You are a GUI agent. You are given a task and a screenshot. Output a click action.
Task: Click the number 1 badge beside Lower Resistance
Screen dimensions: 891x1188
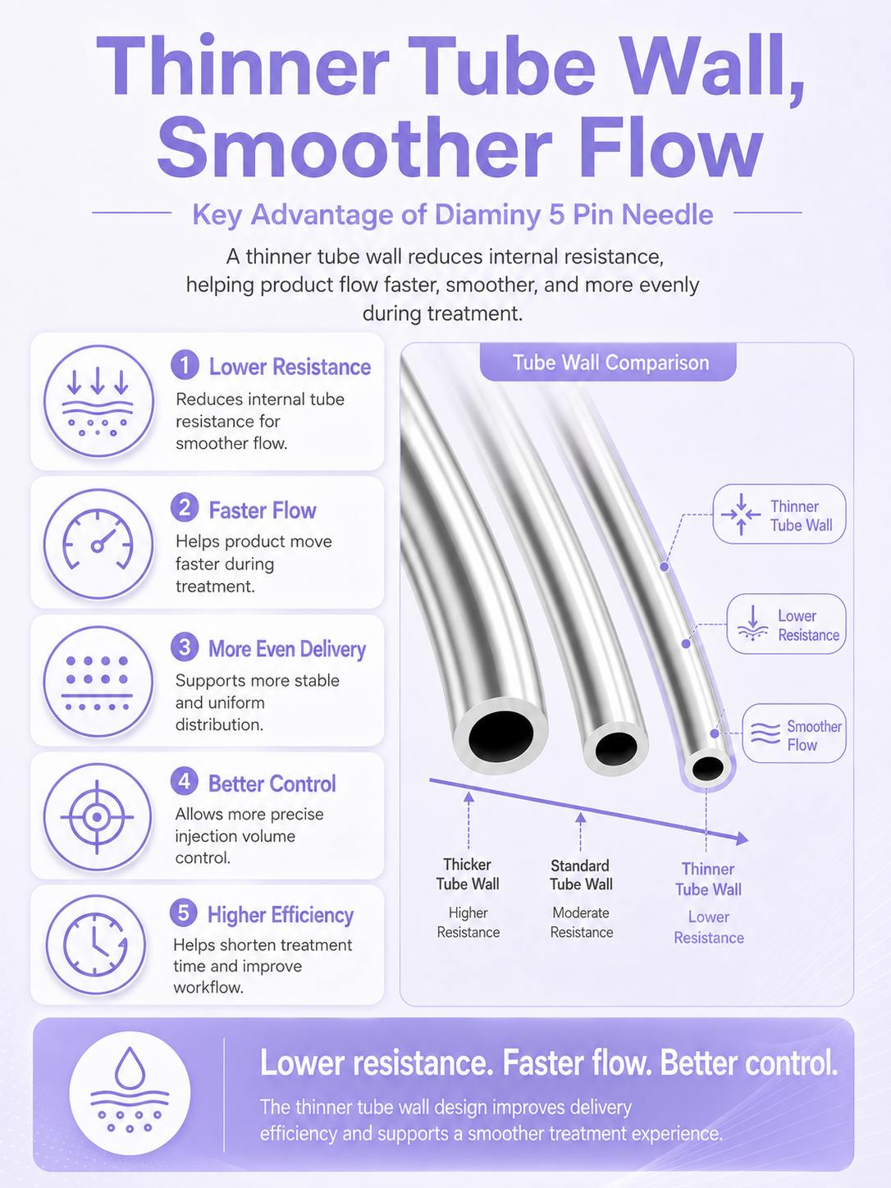coord(185,365)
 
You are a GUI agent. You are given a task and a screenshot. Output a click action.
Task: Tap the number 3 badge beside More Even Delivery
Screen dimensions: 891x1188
coord(185,647)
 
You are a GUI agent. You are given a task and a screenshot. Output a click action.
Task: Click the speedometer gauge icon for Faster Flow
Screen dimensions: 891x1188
coord(98,544)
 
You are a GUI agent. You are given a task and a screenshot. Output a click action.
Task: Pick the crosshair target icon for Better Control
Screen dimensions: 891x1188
coord(97,816)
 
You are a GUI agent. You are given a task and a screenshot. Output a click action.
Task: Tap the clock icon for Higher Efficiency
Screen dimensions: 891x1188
coord(95,945)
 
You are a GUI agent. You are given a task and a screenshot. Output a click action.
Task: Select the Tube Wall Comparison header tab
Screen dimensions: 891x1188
coord(608,363)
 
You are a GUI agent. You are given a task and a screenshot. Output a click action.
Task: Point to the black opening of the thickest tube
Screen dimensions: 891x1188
coord(501,736)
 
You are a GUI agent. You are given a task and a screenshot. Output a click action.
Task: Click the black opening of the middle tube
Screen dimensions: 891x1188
coord(616,748)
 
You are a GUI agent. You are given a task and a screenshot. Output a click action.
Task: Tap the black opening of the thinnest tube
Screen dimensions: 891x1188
coord(708,768)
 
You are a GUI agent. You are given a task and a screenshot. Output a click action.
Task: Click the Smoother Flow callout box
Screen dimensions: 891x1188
coord(793,733)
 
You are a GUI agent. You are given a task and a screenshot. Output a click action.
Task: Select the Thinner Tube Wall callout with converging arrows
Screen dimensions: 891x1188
coord(779,514)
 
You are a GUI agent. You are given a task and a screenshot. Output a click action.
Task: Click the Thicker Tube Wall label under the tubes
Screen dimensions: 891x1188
coord(468,875)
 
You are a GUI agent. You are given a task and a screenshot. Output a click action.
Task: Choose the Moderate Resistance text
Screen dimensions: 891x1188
coord(582,922)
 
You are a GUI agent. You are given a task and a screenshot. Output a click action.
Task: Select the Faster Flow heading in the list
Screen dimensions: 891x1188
coord(263,510)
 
